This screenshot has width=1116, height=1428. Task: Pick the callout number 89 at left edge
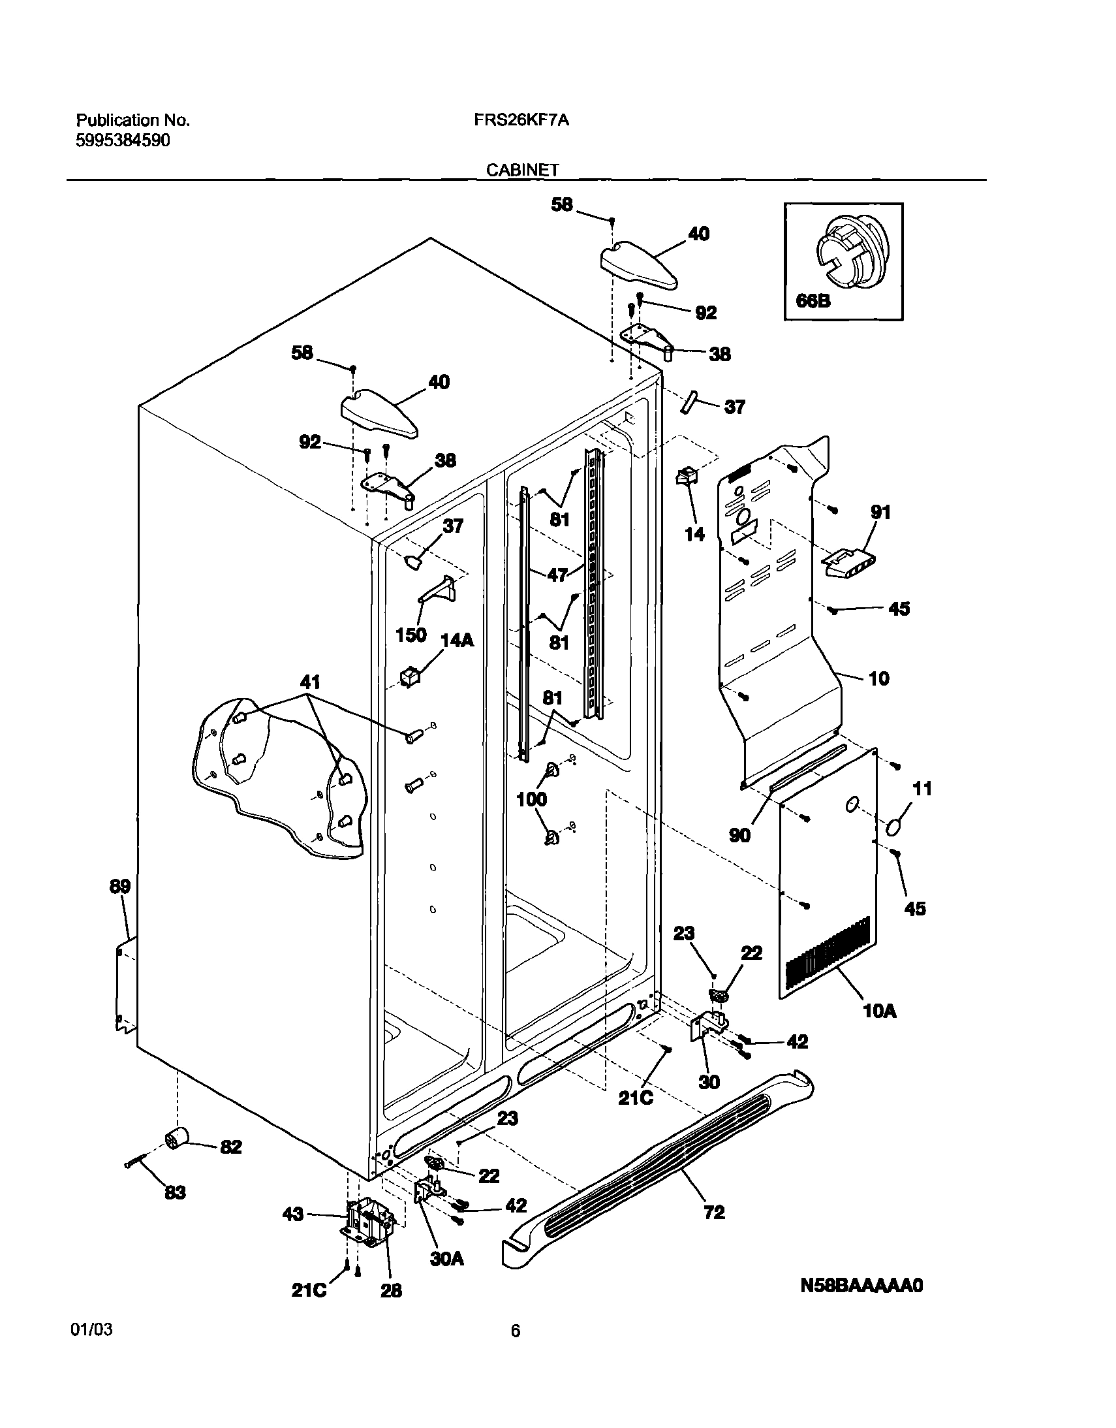coord(120,887)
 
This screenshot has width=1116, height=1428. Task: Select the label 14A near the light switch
coord(457,640)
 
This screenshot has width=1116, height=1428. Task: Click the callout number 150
coord(412,634)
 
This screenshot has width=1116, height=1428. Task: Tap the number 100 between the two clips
coord(532,799)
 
